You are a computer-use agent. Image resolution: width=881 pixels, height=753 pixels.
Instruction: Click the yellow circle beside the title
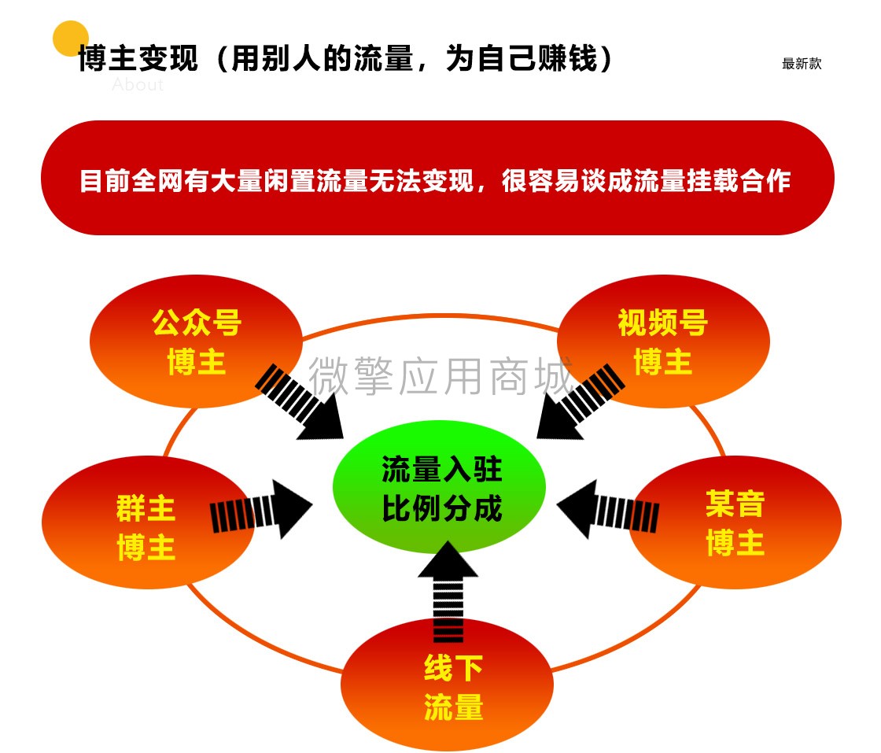(x=71, y=39)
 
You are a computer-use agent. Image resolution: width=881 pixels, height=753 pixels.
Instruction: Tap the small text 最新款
(x=802, y=64)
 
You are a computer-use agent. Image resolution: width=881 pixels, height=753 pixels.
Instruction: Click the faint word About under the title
(x=138, y=85)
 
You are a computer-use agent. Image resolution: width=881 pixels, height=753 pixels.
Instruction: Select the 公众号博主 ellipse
(x=196, y=341)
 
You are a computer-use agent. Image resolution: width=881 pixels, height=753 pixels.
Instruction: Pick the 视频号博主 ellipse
(x=663, y=341)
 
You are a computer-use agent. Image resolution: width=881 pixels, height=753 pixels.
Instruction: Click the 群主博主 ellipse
(x=148, y=522)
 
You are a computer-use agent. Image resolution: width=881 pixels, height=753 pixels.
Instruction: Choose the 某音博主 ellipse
(x=735, y=522)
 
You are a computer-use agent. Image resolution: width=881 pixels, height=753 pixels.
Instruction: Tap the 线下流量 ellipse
(x=448, y=685)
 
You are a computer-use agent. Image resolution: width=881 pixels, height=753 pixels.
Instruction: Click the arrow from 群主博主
(x=260, y=509)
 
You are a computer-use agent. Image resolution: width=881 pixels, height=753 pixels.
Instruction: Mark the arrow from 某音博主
(x=608, y=509)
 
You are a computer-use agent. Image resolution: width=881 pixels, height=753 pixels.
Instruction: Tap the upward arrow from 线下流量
(x=448, y=591)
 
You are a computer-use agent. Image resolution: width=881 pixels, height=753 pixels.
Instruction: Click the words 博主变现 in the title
(x=138, y=58)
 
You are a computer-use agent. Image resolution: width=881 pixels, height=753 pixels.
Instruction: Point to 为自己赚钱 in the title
(x=522, y=58)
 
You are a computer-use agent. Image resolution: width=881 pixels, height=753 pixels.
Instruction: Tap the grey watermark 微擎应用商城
(x=441, y=375)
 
